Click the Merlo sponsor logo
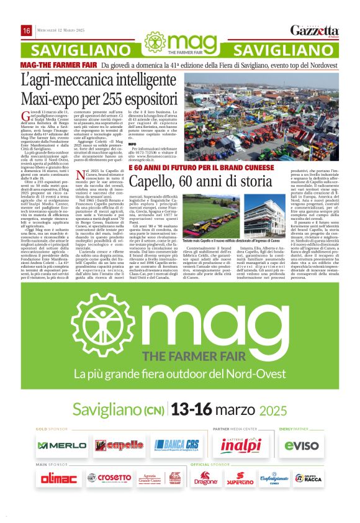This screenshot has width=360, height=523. [x=61, y=445]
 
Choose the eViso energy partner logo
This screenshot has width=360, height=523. [x=302, y=445]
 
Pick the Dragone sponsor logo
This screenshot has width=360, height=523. [x=206, y=479]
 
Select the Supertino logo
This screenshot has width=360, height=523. [x=240, y=479]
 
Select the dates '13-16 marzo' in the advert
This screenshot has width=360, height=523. [x=212, y=410]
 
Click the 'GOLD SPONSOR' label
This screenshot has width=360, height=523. [x=52, y=429]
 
